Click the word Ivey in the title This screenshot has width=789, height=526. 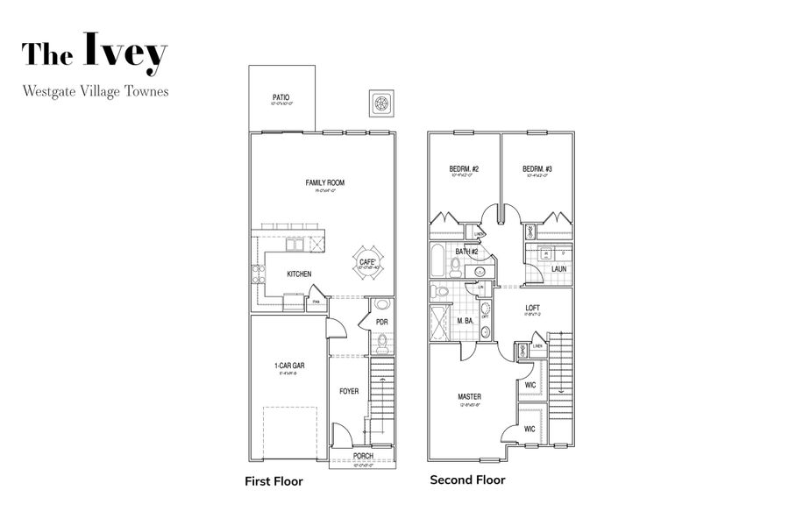[x=125, y=53]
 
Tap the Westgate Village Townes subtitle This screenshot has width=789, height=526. [x=96, y=90]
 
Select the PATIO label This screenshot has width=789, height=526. [x=281, y=97]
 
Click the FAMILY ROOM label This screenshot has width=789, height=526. [x=324, y=183]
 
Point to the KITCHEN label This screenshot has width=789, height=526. [x=299, y=274]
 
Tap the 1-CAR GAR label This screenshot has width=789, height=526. [x=288, y=367]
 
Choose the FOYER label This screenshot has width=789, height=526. [x=349, y=391]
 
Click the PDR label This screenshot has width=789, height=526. [x=381, y=322]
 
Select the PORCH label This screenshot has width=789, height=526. [x=363, y=456]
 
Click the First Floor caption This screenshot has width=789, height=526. [x=273, y=481]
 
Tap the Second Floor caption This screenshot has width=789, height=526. [x=467, y=480]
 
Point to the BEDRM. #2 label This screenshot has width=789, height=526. [x=464, y=169]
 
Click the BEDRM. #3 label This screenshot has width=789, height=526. [x=537, y=169]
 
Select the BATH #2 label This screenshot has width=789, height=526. [x=466, y=252]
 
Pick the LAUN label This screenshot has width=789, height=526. [x=558, y=269]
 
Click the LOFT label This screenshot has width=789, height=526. [x=532, y=308]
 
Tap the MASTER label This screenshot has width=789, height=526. [x=469, y=397]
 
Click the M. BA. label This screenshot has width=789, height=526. [x=465, y=321]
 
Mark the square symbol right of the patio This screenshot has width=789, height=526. [x=381, y=103]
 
